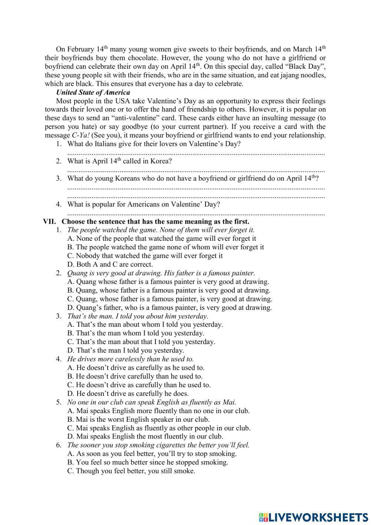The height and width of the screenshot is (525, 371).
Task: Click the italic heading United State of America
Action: (x=93, y=93)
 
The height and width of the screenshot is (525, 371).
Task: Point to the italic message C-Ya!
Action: (x=80, y=135)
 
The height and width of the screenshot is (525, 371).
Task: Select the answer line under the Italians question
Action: (x=196, y=153)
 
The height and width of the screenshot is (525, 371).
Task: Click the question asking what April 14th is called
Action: (x=119, y=161)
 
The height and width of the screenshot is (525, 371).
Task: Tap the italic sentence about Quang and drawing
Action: (x=161, y=273)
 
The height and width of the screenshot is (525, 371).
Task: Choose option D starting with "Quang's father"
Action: (x=170, y=308)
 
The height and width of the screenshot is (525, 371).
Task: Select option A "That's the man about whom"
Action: (x=145, y=324)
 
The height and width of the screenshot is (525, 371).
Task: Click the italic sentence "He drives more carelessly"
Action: (x=130, y=359)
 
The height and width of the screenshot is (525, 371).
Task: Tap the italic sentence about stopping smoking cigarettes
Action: (x=158, y=445)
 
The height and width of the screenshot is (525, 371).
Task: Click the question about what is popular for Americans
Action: (x=144, y=204)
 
